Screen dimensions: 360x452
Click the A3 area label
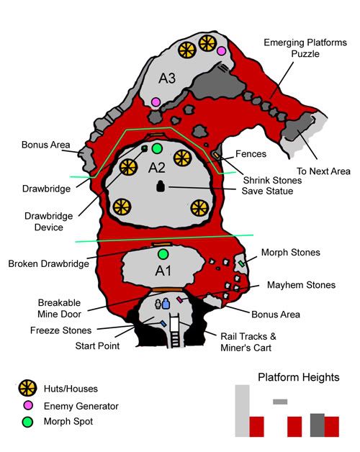(x=167, y=78)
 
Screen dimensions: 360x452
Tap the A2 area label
(x=157, y=168)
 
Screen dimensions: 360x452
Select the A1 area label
(x=163, y=271)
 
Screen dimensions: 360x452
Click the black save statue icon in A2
(x=161, y=186)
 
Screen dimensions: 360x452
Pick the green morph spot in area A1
(x=163, y=254)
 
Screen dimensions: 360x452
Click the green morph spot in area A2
(x=157, y=148)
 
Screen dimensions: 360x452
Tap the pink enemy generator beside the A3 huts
(x=221, y=51)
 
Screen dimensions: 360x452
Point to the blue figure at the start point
(x=166, y=304)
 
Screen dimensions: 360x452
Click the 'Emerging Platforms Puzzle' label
(x=305, y=48)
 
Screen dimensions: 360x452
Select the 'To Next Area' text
(x=324, y=171)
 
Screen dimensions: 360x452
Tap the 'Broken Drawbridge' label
(x=48, y=263)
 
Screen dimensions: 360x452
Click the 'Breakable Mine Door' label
(x=59, y=308)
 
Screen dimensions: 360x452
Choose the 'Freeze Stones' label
(x=61, y=330)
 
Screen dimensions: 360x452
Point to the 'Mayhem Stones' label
(x=301, y=285)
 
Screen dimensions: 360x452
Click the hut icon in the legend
(x=27, y=388)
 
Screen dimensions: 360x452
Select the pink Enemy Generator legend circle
(x=27, y=405)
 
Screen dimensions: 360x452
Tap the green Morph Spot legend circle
(x=27, y=422)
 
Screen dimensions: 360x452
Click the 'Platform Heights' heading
(x=299, y=377)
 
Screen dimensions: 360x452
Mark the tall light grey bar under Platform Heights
(x=243, y=411)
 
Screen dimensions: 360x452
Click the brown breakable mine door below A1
(x=167, y=290)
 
